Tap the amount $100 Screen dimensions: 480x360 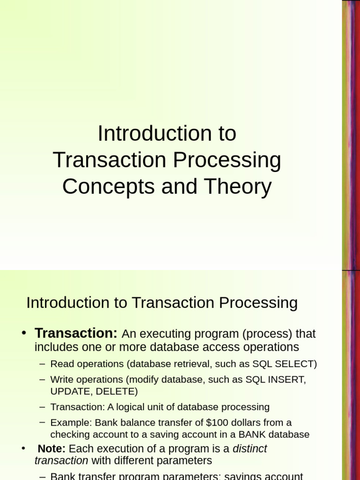tap(217, 422)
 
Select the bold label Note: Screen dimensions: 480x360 tap(52, 449)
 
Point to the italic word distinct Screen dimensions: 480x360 tap(250, 449)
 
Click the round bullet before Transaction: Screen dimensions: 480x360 tap(24, 333)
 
